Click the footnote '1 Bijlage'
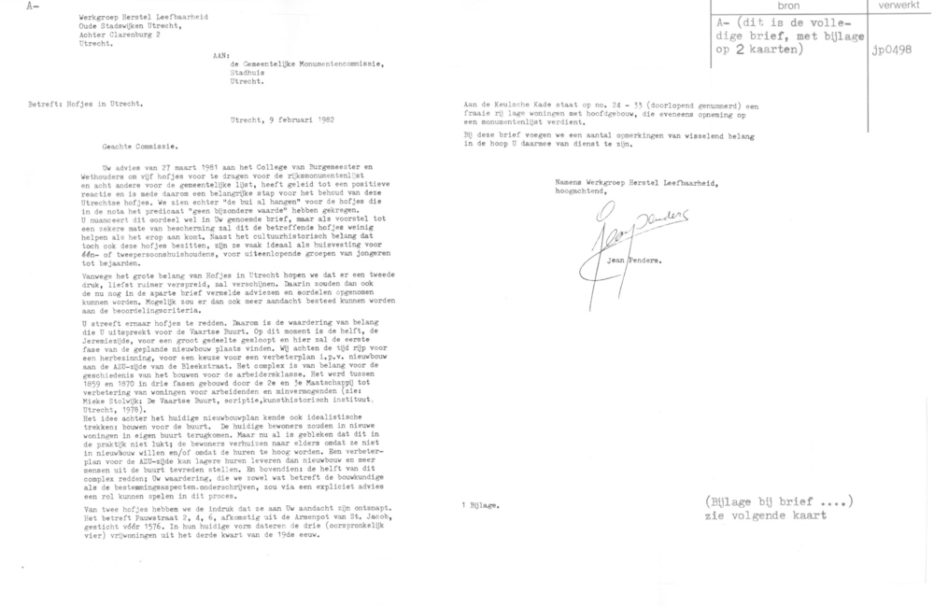(x=485, y=504)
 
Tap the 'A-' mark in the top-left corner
(x=9, y=7)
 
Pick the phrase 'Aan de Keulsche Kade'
(x=512, y=106)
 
